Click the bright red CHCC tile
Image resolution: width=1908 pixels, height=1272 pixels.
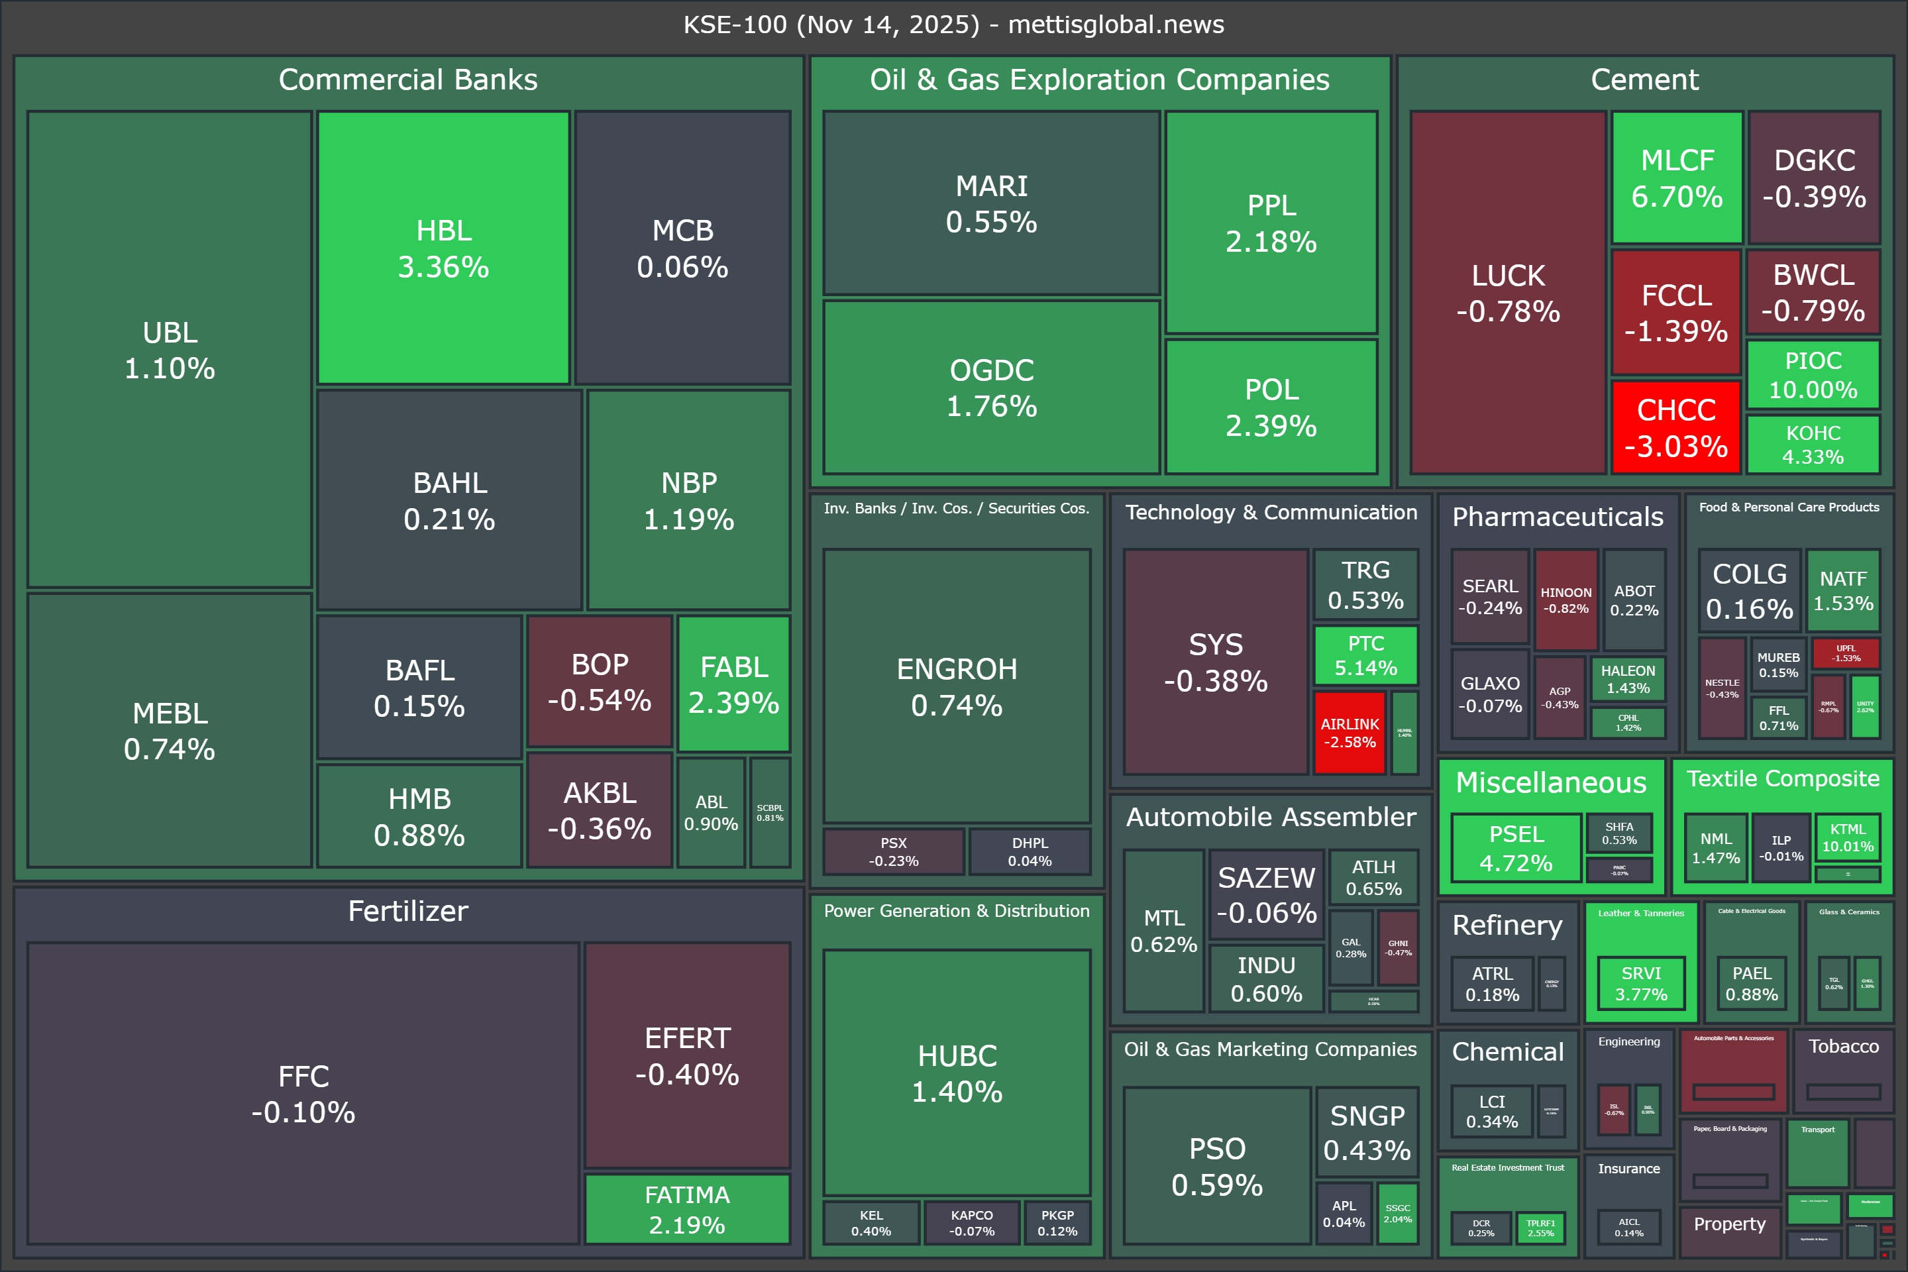click(x=1676, y=427)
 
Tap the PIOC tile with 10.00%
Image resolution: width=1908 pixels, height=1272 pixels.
click(x=1813, y=375)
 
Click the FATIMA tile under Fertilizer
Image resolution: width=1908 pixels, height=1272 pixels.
click(x=687, y=1208)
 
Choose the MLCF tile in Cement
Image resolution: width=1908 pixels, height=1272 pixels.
click(x=1677, y=178)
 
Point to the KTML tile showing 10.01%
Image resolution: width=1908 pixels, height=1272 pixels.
click(x=1847, y=837)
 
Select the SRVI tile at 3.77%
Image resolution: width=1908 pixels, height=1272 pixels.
click(x=1640, y=983)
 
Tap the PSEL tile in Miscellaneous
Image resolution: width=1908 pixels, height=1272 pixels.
click(x=1515, y=848)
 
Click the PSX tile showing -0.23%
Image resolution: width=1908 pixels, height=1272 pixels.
click(x=893, y=852)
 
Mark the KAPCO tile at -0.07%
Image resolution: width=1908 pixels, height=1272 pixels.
click(x=971, y=1222)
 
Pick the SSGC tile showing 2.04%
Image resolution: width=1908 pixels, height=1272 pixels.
click(x=1397, y=1214)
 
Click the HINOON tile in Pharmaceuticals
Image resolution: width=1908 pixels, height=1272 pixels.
click(x=1565, y=600)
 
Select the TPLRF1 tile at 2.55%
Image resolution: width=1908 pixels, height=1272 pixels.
click(x=1540, y=1228)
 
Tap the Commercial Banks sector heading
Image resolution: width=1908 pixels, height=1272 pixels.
click(x=408, y=79)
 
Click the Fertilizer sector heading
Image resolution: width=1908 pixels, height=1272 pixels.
click(x=408, y=911)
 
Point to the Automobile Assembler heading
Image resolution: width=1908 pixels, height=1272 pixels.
click(x=1271, y=817)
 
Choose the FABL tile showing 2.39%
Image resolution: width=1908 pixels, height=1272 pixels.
click(x=733, y=684)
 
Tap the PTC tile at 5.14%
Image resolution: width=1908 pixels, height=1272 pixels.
click(x=1365, y=655)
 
